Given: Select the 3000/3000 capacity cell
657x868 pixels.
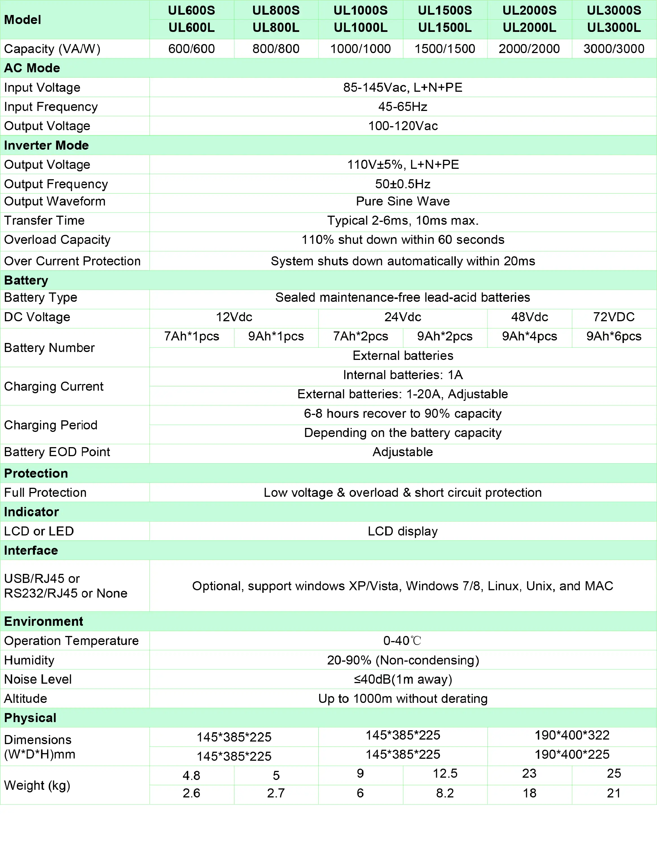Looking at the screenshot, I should coord(614,49).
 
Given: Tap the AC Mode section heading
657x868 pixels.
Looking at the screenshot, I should coord(32,68).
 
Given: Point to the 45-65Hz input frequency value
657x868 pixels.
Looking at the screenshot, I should coord(403,107).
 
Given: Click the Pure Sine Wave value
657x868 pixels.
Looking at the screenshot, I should coord(403,201).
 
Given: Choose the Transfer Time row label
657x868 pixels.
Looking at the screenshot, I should coord(44,220).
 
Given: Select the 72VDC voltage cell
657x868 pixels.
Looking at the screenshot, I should coord(614,317).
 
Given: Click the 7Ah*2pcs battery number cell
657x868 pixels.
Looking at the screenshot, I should coord(361,336).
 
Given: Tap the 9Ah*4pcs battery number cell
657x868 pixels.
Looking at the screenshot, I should coord(529,336).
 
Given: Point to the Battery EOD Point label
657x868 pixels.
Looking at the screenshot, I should coord(57,452).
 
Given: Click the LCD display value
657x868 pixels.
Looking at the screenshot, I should coord(403,531).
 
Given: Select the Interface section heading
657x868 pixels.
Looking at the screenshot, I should coord(31,550).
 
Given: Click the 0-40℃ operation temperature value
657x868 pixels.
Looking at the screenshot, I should coord(403,641).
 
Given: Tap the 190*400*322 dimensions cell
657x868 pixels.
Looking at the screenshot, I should coord(572,735).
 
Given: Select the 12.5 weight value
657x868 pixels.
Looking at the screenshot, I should coord(445,773).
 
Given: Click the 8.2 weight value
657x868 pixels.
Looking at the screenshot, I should coord(445,793).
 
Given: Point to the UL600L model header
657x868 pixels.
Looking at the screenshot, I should coord(192,28).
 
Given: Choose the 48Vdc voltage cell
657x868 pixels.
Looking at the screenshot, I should coord(529,317).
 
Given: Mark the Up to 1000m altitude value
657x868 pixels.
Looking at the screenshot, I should coord(403,698).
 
